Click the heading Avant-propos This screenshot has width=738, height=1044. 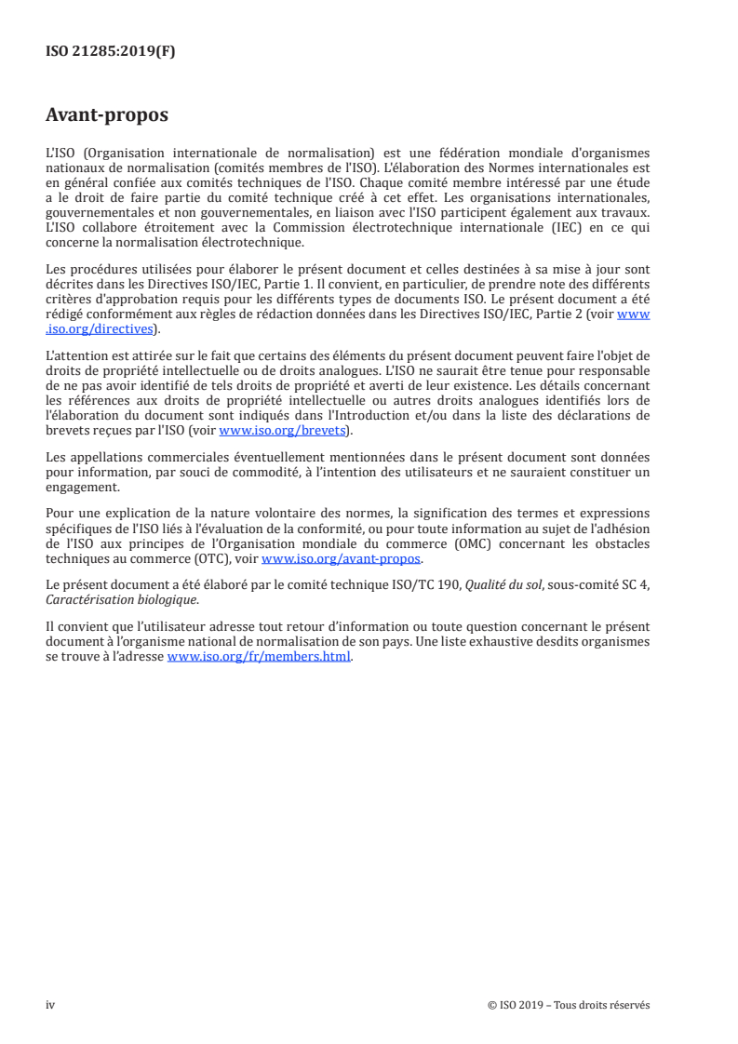click(107, 115)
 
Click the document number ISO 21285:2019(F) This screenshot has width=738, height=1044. click(110, 52)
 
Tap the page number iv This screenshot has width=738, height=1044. click(50, 1005)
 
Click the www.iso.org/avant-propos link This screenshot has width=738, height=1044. click(342, 559)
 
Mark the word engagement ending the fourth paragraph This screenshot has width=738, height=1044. click(83, 487)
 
